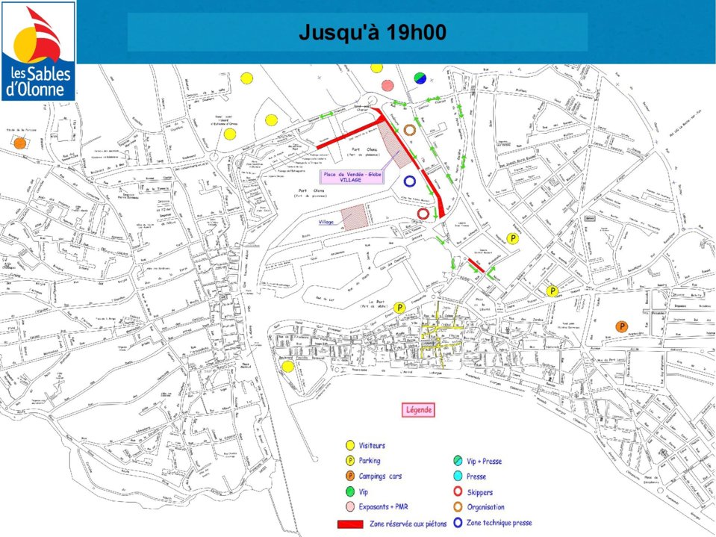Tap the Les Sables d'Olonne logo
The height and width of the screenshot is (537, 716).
point(39,52)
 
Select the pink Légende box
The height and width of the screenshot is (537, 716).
point(418,410)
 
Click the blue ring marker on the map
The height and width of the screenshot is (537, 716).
point(409,181)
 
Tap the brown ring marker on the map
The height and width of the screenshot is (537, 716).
point(409,130)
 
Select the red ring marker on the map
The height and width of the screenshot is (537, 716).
point(423,214)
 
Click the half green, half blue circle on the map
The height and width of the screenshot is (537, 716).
point(420,78)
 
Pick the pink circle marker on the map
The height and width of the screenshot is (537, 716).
point(387,85)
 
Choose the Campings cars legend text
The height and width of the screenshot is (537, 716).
point(379,477)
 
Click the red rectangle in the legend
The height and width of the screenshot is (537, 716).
point(350,524)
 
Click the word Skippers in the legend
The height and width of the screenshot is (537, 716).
point(479,492)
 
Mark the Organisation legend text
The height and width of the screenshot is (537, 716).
point(485,507)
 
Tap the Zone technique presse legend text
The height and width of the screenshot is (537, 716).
point(499,523)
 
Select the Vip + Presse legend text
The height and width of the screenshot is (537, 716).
point(484,462)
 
